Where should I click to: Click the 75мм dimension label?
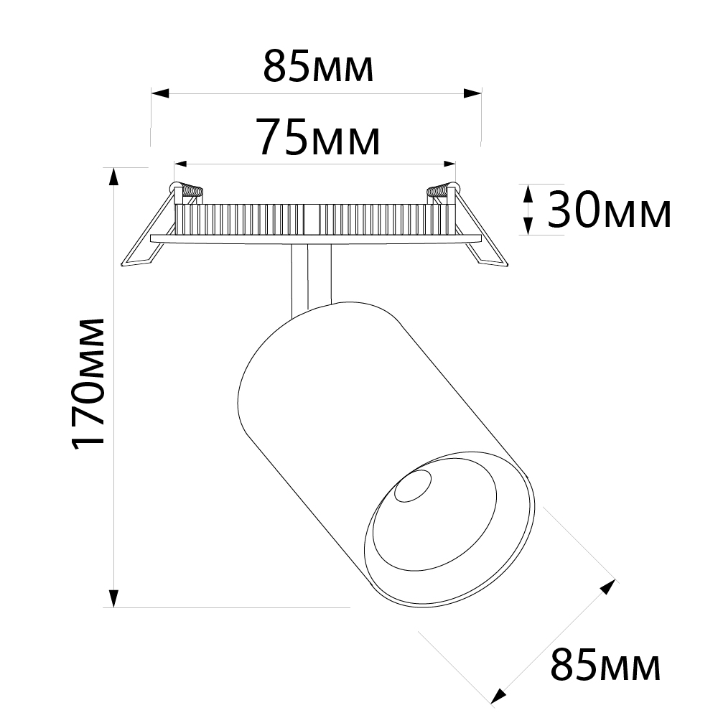320,136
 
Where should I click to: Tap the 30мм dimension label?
610,210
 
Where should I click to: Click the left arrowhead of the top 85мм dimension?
160,94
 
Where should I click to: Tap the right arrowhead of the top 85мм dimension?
472,94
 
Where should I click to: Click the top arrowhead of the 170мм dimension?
113,177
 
